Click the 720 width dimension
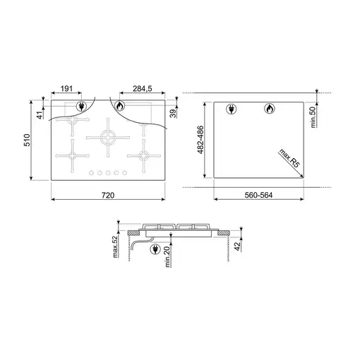click(x=108, y=194)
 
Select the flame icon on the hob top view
click(x=120, y=107)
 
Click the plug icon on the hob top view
click(x=83, y=107)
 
